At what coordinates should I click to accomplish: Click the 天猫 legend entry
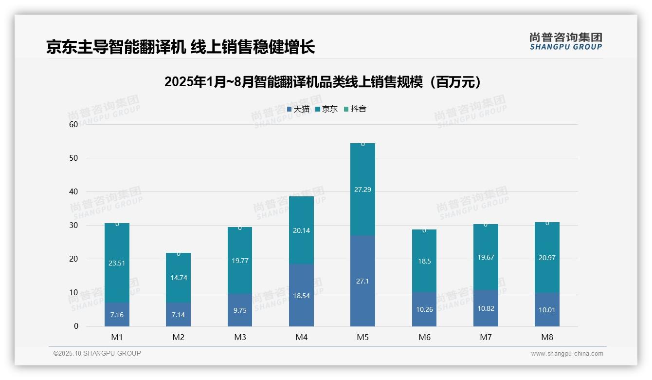pos(298,109)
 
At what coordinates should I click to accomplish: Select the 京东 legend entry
pos(326,109)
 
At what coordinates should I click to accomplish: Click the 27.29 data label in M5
pos(362,190)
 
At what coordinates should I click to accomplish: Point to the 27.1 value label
pos(362,282)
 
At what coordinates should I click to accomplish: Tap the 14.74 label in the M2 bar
pos(179,278)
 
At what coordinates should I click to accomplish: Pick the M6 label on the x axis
pos(424,337)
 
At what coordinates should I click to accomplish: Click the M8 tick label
pos(547,337)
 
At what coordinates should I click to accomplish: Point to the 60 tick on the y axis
pos(73,124)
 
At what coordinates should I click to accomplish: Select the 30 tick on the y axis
pos(73,225)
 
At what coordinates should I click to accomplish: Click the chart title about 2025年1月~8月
pos(323,82)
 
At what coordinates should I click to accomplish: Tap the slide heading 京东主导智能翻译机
pos(181,47)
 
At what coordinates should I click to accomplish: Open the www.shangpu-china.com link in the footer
pos(567,354)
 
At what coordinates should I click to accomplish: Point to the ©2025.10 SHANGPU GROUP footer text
pos(97,353)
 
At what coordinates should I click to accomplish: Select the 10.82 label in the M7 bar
pos(486,308)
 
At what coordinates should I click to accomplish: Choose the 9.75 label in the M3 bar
pos(240,310)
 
